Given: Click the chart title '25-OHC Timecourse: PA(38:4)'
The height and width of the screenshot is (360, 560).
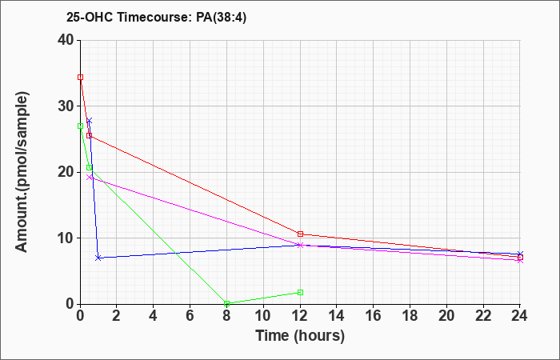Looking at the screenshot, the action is coord(156,18).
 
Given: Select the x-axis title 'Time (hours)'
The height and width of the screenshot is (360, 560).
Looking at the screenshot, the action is coord(300,335).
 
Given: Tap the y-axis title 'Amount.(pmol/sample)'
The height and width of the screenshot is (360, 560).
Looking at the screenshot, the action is coord(22,172).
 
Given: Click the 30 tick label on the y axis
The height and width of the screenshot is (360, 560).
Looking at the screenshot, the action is coord(66,106).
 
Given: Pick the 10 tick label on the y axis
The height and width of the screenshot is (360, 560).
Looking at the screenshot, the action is coord(66,238).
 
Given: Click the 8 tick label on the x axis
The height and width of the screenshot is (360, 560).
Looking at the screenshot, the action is coord(226,316).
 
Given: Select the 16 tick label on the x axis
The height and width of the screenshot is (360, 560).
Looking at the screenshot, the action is coord(374,316).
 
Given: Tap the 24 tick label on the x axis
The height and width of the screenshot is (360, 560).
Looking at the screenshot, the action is coord(520,316).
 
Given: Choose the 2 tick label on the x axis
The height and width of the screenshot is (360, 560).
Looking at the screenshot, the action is coord(117,316).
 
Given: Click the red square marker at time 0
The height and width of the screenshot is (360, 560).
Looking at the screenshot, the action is coord(80,77).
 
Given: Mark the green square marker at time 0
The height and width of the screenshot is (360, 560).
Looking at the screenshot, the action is coord(80,126).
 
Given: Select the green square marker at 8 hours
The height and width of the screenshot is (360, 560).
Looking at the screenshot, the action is coord(226,303).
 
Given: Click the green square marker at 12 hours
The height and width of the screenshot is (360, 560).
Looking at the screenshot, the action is coord(300,293).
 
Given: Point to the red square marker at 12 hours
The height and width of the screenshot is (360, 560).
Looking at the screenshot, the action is coord(300,234).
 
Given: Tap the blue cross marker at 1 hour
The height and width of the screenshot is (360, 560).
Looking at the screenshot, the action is coord(98,258).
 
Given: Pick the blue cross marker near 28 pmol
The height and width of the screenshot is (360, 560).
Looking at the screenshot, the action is coord(90,121).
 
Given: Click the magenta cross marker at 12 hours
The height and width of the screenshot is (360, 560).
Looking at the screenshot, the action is coord(300,246).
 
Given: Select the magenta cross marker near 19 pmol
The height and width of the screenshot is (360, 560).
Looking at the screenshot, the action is coord(90,177).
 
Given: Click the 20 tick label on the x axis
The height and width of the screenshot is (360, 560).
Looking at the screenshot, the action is coord(446,316).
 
